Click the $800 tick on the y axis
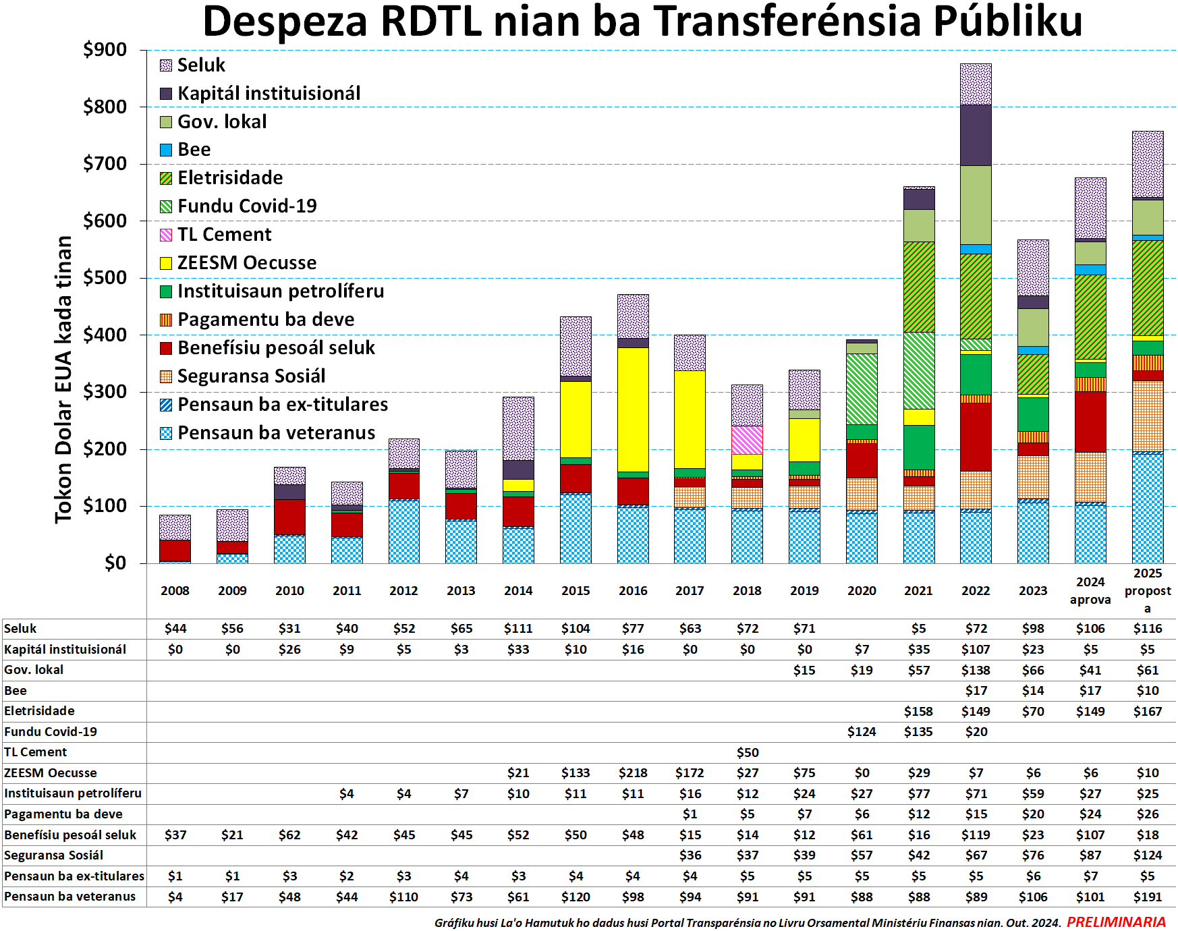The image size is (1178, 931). [105, 107]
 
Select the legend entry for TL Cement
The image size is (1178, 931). [224, 235]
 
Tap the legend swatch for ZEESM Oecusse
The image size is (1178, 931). [166, 263]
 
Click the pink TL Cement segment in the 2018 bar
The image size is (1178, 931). [747, 440]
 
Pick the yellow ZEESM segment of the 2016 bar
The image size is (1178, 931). [633, 410]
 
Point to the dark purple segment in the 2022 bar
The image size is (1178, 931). [976, 135]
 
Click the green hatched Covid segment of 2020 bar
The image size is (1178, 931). [862, 389]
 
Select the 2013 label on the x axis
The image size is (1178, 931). [461, 591]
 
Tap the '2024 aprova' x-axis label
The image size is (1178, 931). [1090, 591]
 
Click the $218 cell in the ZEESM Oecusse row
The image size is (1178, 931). [633, 773]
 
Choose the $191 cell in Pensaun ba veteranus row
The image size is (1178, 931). [1148, 897]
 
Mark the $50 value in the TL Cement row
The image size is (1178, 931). [748, 752]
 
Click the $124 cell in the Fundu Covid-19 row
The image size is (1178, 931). [862, 732]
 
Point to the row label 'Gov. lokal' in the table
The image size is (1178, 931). [34, 670]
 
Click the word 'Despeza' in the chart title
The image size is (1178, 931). [285, 22]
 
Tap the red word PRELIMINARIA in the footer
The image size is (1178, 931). [1116, 922]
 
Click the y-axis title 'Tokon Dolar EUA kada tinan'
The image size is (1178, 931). [63, 379]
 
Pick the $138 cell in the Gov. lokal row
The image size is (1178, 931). [976, 671]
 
